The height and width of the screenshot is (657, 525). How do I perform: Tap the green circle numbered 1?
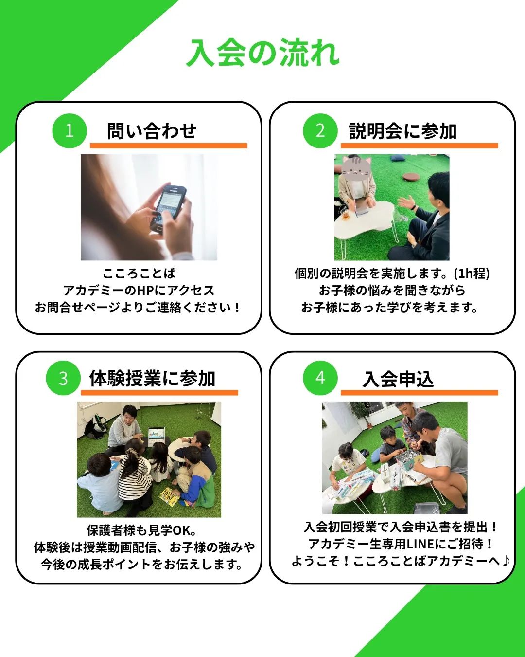click(70, 130)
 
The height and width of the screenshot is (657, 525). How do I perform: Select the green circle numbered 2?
click(320, 130)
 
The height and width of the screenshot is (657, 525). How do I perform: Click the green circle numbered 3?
click(63, 378)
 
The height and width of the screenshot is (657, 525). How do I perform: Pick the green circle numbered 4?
click(320, 378)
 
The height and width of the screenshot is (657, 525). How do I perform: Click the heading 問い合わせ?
click(152, 131)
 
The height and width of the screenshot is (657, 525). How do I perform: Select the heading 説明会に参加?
click(402, 131)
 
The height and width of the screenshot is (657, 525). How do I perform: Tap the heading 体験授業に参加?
click(152, 378)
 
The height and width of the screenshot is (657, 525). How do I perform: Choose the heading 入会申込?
click(398, 379)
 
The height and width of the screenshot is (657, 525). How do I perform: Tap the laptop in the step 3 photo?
click(157, 433)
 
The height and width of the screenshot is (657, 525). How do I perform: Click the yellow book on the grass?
click(168, 496)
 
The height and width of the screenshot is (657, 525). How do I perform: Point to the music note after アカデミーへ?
click(506, 561)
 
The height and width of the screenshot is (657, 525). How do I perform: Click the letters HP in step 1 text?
click(145, 291)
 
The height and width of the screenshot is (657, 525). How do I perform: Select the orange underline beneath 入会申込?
click(419, 393)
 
